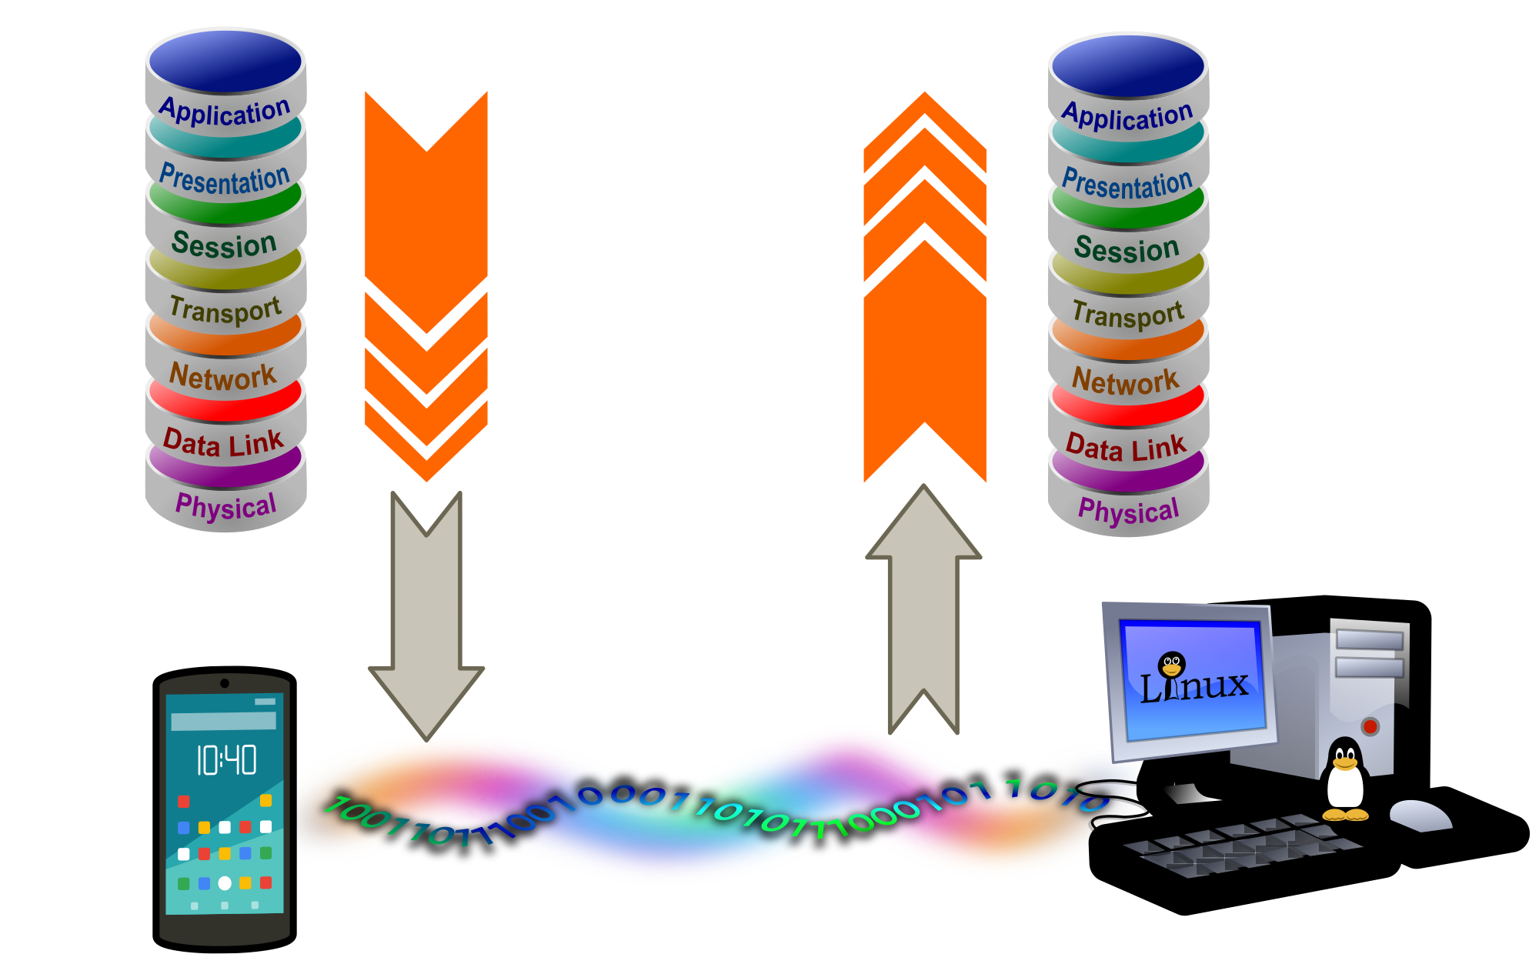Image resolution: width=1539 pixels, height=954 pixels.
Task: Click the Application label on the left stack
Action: point(225,112)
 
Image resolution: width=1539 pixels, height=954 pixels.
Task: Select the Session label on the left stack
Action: point(224,245)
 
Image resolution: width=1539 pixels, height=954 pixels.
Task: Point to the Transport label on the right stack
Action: point(1127,314)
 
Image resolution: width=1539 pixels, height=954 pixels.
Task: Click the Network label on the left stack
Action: point(222,376)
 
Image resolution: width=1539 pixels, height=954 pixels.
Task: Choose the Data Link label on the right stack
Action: point(1126,448)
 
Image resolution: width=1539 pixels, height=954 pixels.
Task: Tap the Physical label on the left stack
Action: point(225,506)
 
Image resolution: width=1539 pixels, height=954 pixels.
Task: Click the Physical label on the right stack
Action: point(1128,511)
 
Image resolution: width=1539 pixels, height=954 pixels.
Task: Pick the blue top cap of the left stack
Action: point(225,62)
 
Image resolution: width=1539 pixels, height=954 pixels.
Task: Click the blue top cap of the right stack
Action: point(1128,66)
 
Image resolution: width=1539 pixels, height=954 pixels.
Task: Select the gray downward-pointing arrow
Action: point(426,615)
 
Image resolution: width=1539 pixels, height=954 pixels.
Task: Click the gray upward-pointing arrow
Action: point(923,608)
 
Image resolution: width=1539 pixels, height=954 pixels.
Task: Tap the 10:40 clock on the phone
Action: point(226,760)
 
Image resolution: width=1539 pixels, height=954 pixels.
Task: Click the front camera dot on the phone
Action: point(225,683)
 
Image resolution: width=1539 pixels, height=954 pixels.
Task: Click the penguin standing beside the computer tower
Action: point(1345,781)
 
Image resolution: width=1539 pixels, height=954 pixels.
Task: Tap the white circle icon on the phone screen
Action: point(225,883)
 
